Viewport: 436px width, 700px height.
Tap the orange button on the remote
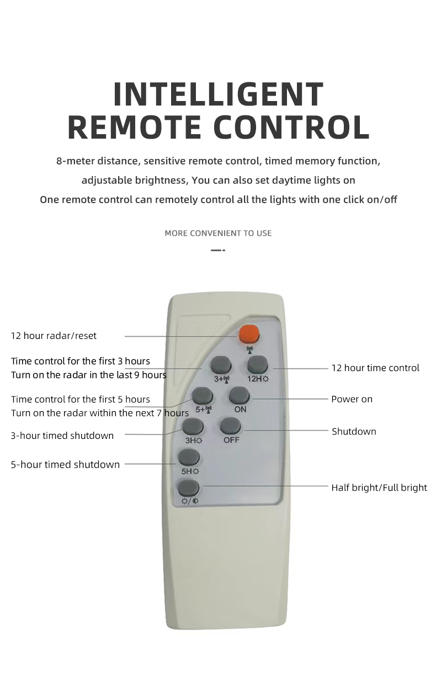click(x=249, y=334)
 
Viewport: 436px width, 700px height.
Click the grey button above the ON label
click(x=239, y=396)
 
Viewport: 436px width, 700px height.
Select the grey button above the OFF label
click(x=231, y=426)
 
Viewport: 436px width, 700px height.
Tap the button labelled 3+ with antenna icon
click(x=221, y=365)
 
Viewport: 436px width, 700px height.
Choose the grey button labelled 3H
click(x=193, y=427)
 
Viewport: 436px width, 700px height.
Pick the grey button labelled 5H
click(x=189, y=458)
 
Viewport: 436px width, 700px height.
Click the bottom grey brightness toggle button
click(x=189, y=489)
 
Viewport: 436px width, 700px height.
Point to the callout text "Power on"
click(x=352, y=399)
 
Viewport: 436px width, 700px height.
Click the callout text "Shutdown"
click(x=354, y=432)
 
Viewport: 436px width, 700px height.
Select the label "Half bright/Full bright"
click(x=379, y=487)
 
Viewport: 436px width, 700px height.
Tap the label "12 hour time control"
click(x=375, y=368)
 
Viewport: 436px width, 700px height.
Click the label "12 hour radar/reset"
click(x=54, y=336)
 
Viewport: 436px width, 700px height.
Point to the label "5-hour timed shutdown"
click(x=65, y=464)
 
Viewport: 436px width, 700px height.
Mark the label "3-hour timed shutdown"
click(x=62, y=436)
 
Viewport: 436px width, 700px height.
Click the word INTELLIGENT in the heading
click(x=218, y=94)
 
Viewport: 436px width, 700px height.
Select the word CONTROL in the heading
click(x=291, y=127)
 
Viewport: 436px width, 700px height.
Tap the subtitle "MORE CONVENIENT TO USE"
click(x=218, y=233)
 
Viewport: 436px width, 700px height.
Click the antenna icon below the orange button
click(x=249, y=349)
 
